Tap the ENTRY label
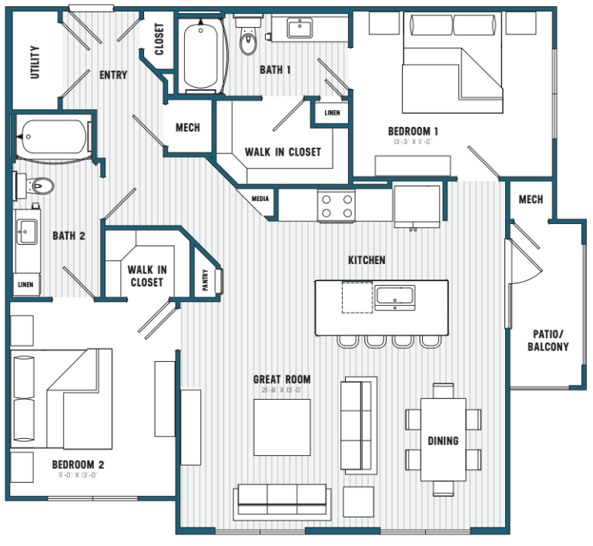pos(113,75)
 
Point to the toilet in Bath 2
pos(39,186)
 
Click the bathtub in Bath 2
pos(54,138)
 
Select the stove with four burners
pos(337,206)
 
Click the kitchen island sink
pos(394,296)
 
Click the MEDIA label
pos(260,199)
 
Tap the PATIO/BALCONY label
pos(548,340)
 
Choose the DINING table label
pos(443,440)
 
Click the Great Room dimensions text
pos(282,390)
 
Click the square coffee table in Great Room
pos(282,426)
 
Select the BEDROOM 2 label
pos(78,464)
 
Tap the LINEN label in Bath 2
pos(25,284)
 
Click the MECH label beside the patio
pos(531,199)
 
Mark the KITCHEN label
pos(367,260)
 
